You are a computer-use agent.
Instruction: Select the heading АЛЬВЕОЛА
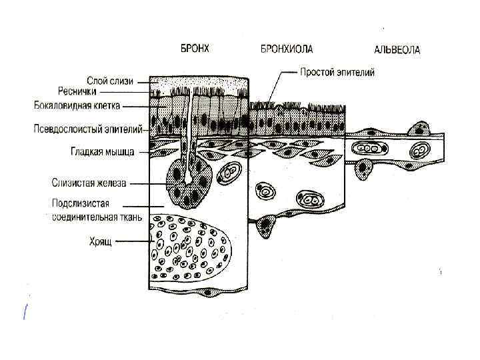pyautogui.click(x=398, y=50)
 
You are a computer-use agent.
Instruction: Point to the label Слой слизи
pyautogui.click(x=110, y=81)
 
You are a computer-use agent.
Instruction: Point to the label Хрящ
pyautogui.click(x=102, y=243)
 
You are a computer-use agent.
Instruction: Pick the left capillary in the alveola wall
pyautogui.click(x=366, y=149)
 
